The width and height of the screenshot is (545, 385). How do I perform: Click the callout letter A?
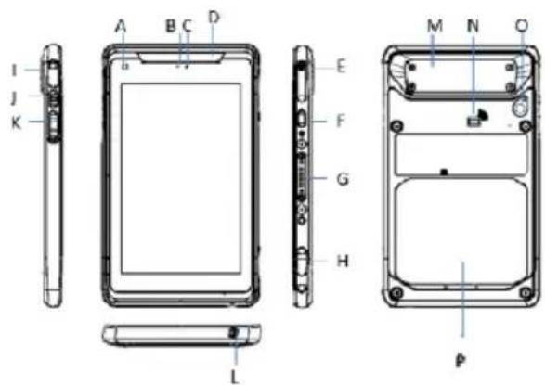[121, 26]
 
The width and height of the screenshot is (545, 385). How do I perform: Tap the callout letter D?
[214, 17]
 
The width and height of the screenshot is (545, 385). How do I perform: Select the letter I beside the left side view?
[14, 71]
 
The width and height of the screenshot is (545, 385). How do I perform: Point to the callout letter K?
[17, 122]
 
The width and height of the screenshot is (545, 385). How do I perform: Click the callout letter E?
[342, 66]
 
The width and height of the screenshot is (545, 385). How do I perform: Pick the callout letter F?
[342, 121]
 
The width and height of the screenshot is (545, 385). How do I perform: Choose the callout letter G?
[343, 179]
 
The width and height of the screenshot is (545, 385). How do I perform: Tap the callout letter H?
[343, 261]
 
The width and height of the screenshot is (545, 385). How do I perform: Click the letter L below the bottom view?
[235, 377]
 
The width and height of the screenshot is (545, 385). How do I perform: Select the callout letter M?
[435, 26]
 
